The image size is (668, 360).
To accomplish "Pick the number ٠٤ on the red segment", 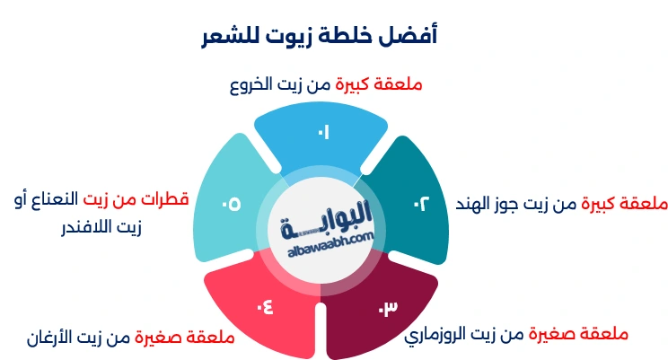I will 264,308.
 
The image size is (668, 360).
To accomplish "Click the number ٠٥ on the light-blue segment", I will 231,204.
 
